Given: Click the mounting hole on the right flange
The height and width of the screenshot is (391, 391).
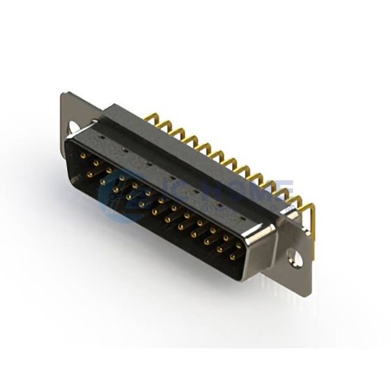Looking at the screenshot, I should (295, 259).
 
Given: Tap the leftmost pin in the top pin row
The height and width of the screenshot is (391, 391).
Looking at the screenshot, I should (83, 156).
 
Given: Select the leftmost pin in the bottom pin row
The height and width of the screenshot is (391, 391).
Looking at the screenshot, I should (89, 174).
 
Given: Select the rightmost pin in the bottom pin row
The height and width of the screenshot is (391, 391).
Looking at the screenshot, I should (232, 257).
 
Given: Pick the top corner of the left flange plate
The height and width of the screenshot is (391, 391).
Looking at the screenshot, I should (64, 94).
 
